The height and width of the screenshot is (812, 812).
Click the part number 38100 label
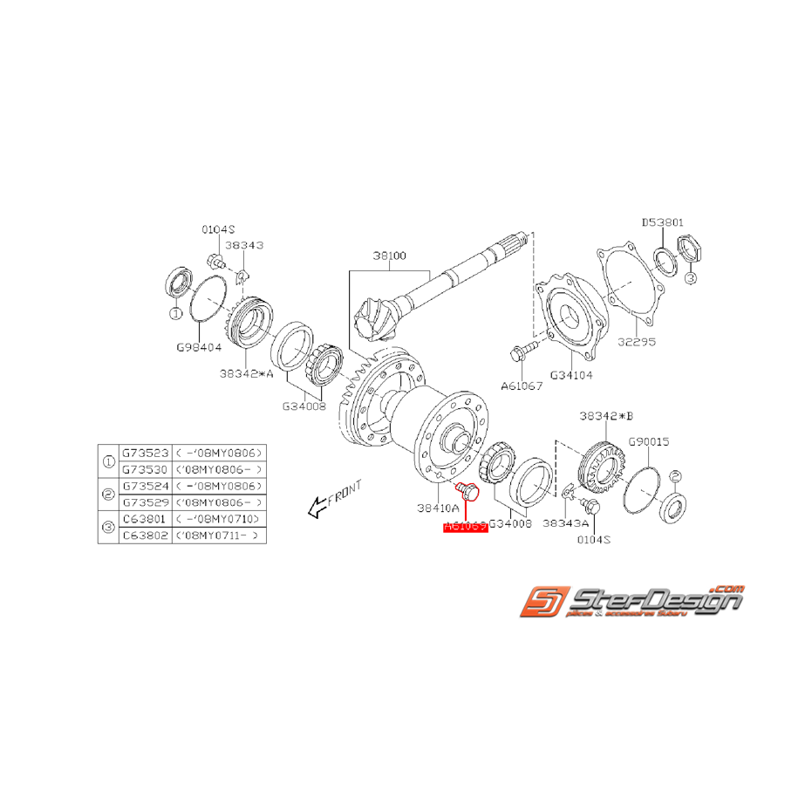(x=388, y=256)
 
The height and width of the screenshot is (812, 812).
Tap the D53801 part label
(x=668, y=223)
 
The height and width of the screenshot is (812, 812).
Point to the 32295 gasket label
(x=638, y=342)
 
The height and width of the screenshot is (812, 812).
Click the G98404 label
(x=198, y=347)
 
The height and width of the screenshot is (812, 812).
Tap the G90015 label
(x=646, y=442)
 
